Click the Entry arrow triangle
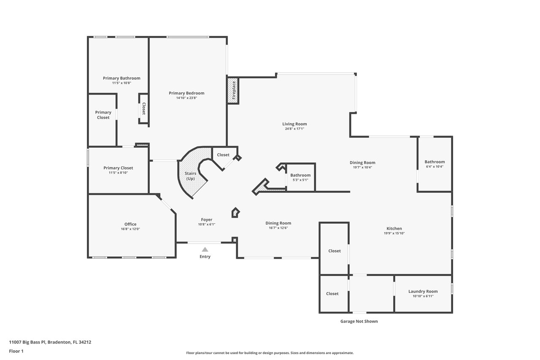(x=205, y=249)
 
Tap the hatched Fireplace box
(x=233, y=90)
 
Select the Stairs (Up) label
(x=190, y=176)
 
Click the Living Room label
(x=294, y=124)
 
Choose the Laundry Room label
(x=423, y=291)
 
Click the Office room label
(x=130, y=224)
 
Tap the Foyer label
(x=206, y=219)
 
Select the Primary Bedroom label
(x=186, y=93)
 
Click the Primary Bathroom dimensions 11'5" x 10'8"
(x=121, y=83)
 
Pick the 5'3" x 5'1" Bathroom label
(x=300, y=175)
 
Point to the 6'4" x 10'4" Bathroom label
(x=435, y=162)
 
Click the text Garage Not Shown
(x=359, y=321)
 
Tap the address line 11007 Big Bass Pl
(x=50, y=342)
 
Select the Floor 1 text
(x=16, y=351)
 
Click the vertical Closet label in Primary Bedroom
(x=143, y=109)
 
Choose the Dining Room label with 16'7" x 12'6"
(x=278, y=223)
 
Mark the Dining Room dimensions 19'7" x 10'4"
(x=362, y=167)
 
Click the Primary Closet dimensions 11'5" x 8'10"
(x=118, y=173)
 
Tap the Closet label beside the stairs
(x=223, y=155)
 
